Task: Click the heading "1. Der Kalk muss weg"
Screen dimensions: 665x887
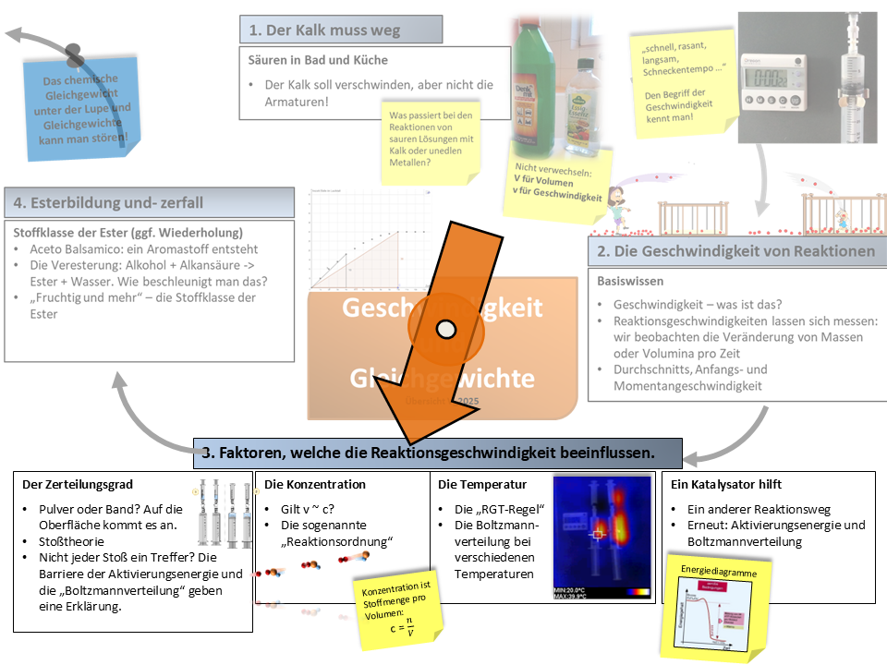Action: [x=323, y=30]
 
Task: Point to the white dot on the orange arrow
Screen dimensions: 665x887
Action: [x=447, y=327]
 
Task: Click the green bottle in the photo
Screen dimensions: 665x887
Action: [x=535, y=88]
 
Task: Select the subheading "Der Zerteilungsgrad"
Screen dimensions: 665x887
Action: [x=78, y=484]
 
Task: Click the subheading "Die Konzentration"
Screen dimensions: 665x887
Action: [x=315, y=484]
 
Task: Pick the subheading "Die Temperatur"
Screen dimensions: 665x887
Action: [x=482, y=484]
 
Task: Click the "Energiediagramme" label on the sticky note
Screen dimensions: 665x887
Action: [x=718, y=573]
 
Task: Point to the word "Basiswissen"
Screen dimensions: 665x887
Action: [x=629, y=280]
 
